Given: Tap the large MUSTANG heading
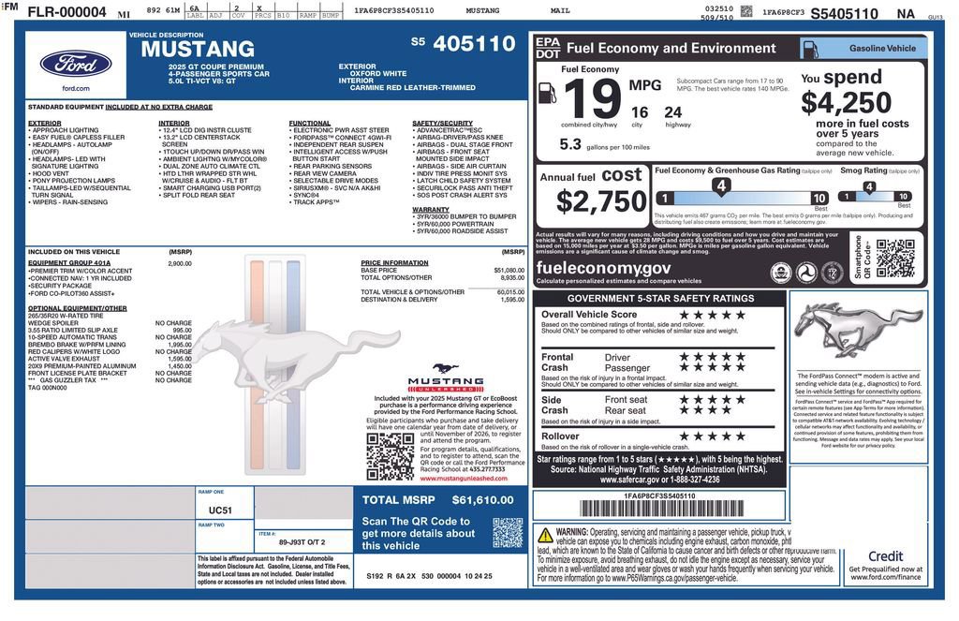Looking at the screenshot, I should click(x=198, y=50).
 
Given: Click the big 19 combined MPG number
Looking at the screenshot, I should click(x=592, y=99).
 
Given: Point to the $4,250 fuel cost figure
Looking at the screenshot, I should click(x=846, y=102).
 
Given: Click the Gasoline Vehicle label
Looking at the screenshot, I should click(x=882, y=48).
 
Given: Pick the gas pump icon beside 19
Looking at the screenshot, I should click(x=548, y=92).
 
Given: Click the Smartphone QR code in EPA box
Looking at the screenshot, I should click(x=894, y=259).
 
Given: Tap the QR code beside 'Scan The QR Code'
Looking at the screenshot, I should click(x=508, y=533).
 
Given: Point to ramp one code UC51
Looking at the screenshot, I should click(x=220, y=510).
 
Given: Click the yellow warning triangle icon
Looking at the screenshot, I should click(x=545, y=536).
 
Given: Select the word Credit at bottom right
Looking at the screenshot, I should click(x=885, y=556).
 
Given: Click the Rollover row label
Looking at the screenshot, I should click(x=560, y=436).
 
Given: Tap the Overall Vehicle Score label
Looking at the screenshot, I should click(x=589, y=315).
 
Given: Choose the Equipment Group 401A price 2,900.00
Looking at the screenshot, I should click(x=179, y=264).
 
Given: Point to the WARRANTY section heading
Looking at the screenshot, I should click(x=431, y=210).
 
